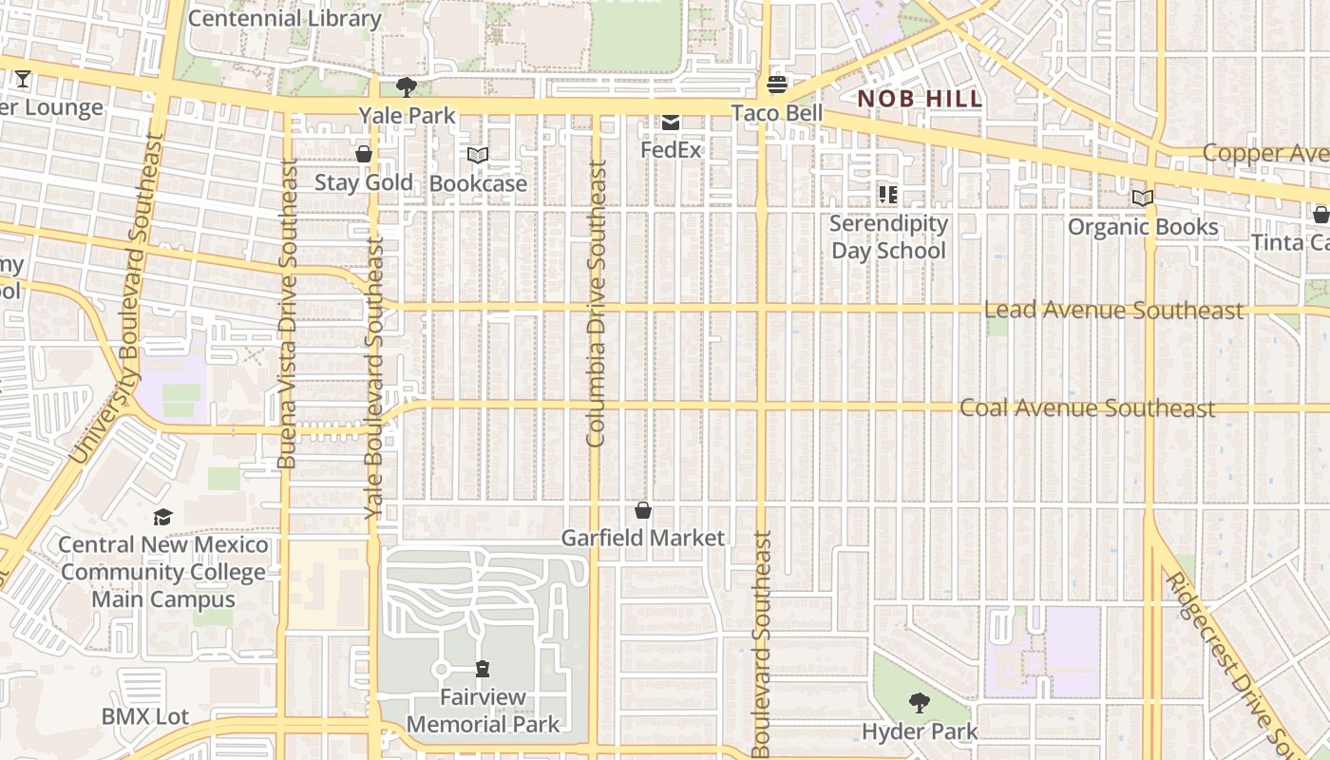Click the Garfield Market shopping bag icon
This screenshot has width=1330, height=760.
pyautogui.click(x=643, y=511)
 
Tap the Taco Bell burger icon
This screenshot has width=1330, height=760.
pyautogui.click(x=777, y=85)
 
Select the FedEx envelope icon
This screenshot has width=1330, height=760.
pyautogui.click(x=671, y=122)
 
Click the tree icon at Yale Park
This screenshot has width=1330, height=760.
pyautogui.click(x=407, y=87)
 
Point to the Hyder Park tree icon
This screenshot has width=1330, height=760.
pyautogui.click(x=919, y=703)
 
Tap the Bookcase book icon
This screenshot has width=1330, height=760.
pyautogui.click(x=478, y=155)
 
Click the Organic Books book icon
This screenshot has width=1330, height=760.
pyautogui.click(x=1143, y=199)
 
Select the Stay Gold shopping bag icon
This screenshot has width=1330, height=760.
pyautogui.click(x=363, y=154)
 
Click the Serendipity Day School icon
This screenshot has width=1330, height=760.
pyautogui.click(x=888, y=195)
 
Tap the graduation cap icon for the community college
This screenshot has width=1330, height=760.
pyautogui.click(x=163, y=517)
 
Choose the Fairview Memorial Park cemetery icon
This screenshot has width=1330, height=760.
pyautogui.click(x=483, y=669)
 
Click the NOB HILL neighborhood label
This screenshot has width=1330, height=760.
pyautogui.click(x=920, y=99)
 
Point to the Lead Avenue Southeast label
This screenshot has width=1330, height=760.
pyautogui.click(x=1113, y=311)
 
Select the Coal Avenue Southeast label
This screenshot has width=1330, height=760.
pyautogui.click(x=1088, y=408)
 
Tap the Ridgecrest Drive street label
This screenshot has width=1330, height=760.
pyautogui.click(x=1235, y=665)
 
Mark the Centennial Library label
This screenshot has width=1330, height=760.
pyautogui.click(x=285, y=18)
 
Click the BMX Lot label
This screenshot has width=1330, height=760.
pyautogui.click(x=145, y=716)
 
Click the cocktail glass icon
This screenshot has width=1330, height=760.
pyautogui.click(x=23, y=78)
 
